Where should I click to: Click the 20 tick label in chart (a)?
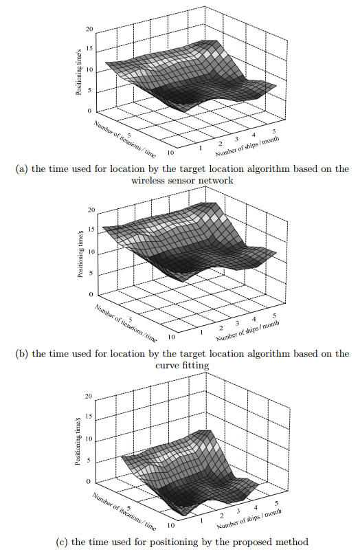pos(89,29)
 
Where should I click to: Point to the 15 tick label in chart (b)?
pos(91,230)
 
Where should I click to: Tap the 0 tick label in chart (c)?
pos(89,481)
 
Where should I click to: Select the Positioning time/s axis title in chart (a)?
pos(79,70)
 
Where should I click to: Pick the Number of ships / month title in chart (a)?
pos(247,146)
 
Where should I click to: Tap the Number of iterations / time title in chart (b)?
pos(126,323)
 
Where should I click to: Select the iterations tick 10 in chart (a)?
pos(170,153)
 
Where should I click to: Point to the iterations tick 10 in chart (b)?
pos(171,336)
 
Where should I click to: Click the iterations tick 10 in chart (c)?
pos(170,525)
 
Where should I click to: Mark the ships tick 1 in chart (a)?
pos(201,148)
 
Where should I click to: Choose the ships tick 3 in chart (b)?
pos(238,323)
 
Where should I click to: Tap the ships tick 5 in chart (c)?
pos(276,502)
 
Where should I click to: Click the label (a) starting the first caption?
pos(22,169)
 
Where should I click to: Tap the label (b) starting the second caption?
pos(22,354)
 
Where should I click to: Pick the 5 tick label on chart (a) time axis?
pos(91,91)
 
